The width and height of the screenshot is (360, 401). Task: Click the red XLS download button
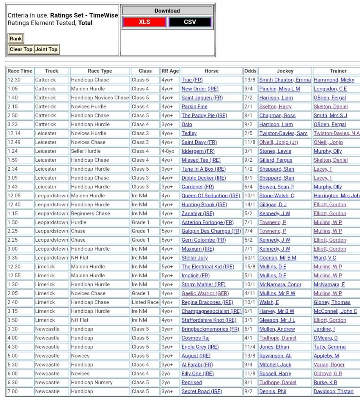(144, 22)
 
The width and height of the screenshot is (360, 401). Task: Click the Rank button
(16, 39)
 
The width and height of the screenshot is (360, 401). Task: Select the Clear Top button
(21, 49)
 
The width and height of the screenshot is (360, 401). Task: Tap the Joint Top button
(46, 49)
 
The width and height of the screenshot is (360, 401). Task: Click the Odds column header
(250, 71)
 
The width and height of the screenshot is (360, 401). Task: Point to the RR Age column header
(170, 71)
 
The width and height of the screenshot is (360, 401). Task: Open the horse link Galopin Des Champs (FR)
(211, 231)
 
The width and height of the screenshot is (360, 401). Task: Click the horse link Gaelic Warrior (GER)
(205, 293)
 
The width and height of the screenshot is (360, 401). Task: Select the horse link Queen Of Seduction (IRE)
(211, 195)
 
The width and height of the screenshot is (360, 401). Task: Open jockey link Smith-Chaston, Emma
(285, 80)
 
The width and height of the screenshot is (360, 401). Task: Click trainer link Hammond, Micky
(334, 80)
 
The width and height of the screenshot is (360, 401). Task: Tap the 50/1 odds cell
(250, 258)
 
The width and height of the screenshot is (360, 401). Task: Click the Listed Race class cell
(145, 302)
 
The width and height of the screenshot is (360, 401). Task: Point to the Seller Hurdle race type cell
(86, 151)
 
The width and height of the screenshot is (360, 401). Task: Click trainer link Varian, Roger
(329, 365)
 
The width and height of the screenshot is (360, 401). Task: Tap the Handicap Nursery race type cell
(92, 382)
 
